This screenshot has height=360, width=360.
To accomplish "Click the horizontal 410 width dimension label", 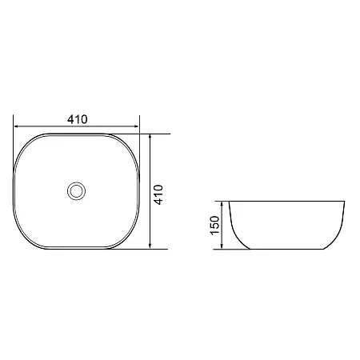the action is point(78,119).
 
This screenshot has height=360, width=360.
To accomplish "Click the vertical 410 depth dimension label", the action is point(158,194).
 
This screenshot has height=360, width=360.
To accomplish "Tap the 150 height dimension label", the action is point(214,226).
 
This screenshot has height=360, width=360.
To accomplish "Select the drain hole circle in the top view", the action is point(76,191).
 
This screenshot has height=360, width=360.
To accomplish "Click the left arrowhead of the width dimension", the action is point(16,126).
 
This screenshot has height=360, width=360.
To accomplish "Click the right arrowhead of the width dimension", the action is point(137,126).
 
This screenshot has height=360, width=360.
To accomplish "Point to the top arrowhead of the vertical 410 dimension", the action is point(150,136).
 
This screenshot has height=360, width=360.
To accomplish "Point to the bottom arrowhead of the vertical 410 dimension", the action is point(150,246).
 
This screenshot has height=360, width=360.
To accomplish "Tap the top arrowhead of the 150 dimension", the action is point(222,204).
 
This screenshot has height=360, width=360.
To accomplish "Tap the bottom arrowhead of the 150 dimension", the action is point(222,246).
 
